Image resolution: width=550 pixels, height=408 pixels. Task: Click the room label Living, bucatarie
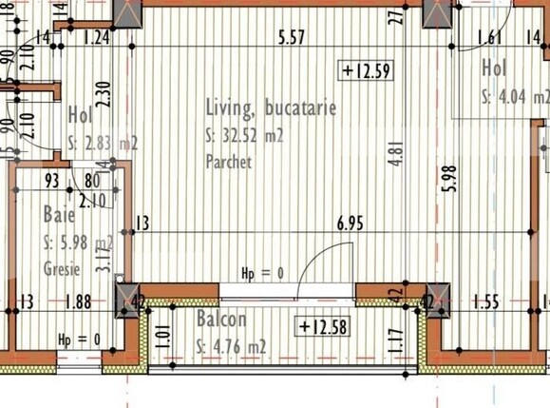pyautogui.click(x=271, y=110)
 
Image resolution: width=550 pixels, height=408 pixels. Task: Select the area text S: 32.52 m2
pyautogui.click(x=245, y=137)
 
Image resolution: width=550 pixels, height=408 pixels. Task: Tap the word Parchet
pyautogui.click(x=229, y=163)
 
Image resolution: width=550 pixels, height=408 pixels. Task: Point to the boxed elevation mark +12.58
pyautogui.click(x=325, y=328)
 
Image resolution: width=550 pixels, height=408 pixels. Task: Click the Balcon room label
pyautogui.click(x=222, y=321)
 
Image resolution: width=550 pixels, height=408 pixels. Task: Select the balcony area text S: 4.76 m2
pyautogui.click(x=231, y=347)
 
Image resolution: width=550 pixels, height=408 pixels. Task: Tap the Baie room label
pyautogui.click(x=59, y=214)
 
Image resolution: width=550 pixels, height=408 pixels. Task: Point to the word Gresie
pyautogui.click(x=61, y=269)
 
